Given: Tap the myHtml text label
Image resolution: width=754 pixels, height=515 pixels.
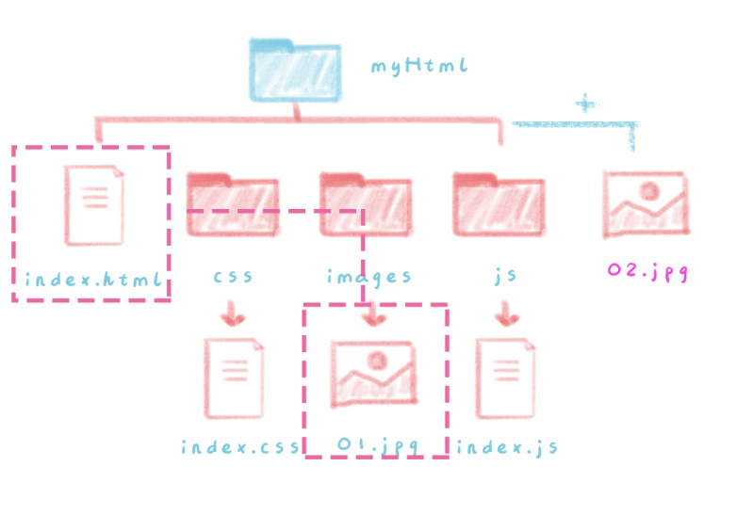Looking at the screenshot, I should point(419,67).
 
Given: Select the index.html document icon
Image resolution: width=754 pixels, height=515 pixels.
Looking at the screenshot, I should point(94,203).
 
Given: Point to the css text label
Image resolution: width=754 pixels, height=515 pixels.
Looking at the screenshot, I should point(233,277).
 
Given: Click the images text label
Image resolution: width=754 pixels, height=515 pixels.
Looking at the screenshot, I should point(369,278).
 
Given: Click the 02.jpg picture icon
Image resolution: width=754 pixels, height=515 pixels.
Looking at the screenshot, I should point(646,203).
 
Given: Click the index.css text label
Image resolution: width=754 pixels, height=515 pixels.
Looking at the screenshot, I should point(240,445).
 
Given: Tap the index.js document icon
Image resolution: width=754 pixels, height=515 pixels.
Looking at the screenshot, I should point(507,378).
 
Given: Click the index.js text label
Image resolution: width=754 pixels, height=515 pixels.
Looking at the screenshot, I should point(507,445).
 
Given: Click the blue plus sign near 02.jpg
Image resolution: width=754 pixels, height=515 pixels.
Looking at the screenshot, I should point(586,103).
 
